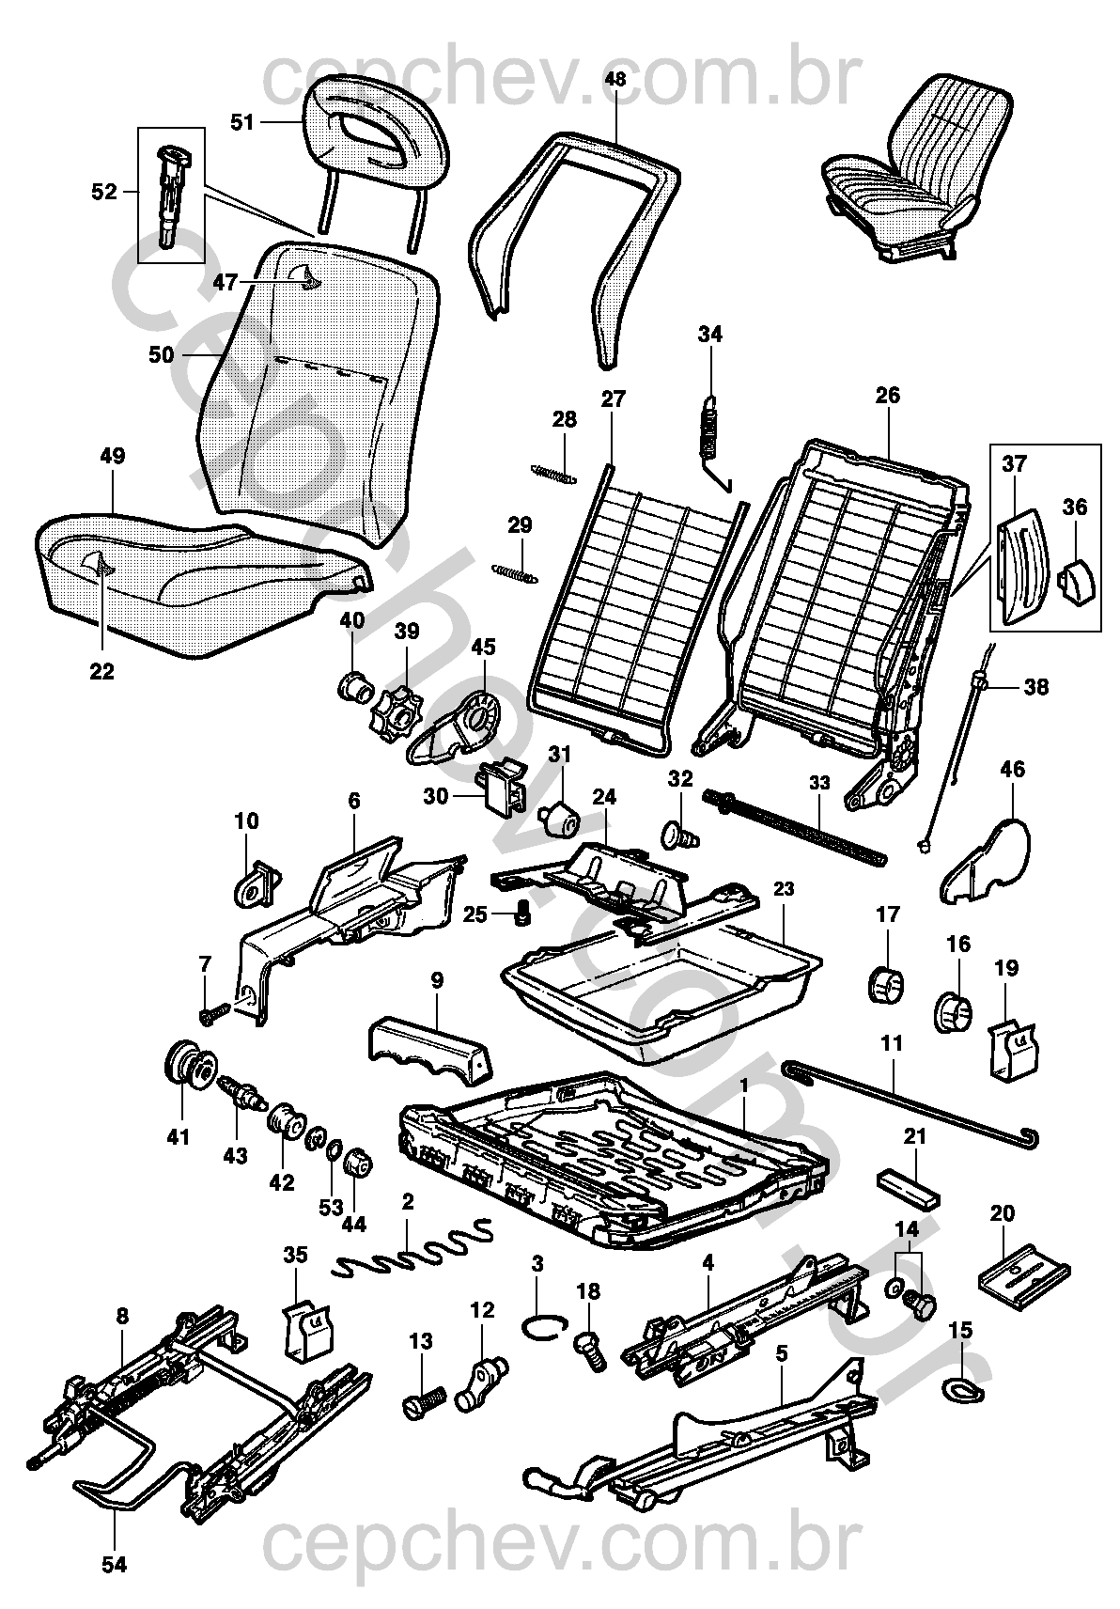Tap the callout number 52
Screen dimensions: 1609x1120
pyautogui.click(x=104, y=192)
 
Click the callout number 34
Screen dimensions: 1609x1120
pyautogui.click(x=710, y=334)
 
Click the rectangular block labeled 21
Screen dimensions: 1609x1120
pyautogui.click(x=907, y=1187)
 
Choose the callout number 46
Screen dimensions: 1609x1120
pyautogui.click(x=1012, y=771)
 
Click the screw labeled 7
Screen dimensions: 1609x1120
pyautogui.click(x=215, y=1014)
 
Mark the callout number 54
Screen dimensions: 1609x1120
pyautogui.click(x=114, y=1565)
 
